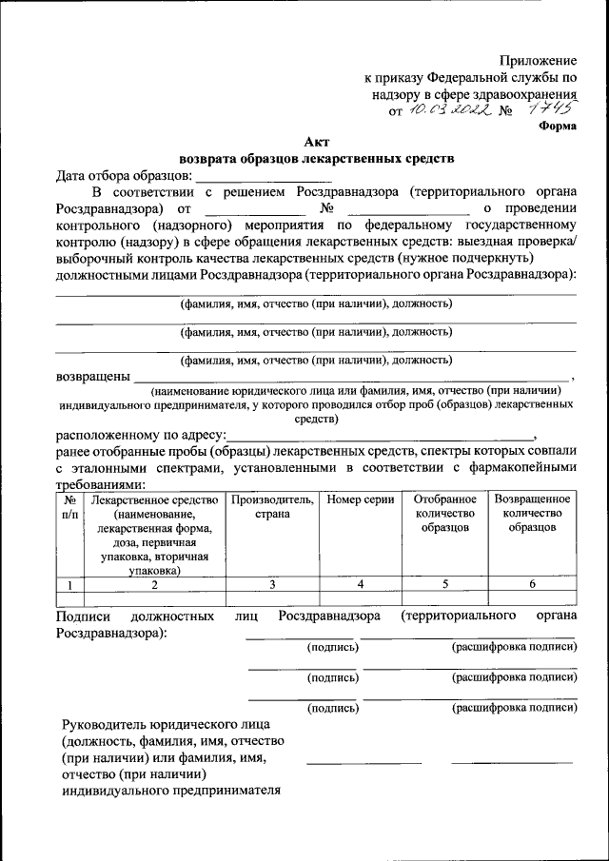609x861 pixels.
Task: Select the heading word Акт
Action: pyautogui.click(x=317, y=142)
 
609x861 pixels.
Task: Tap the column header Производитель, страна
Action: pyautogui.click(x=272, y=506)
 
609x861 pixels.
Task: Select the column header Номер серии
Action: pyautogui.click(x=361, y=499)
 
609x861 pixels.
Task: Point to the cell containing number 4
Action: pyautogui.click(x=361, y=584)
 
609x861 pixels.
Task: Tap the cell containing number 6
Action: pyautogui.click(x=532, y=584)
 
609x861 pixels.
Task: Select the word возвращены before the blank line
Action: pyautogui.click(x=92, y=376)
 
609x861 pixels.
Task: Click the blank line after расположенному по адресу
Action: pyautogui.click(x=381, y=434)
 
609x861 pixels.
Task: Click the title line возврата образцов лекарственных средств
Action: pyautogui.click(x=317, y=158)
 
